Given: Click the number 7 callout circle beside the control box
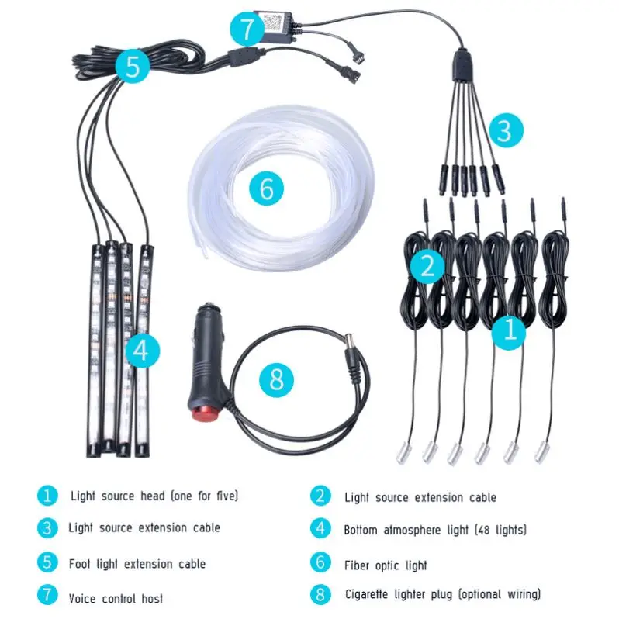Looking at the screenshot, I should click(247, 30).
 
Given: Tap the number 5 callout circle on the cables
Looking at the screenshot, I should click(133, 67).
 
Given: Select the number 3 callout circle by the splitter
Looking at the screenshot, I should click(504, 130).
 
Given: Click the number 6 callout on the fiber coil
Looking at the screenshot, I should click(266, 189).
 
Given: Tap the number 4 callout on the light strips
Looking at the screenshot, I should click(140, 351).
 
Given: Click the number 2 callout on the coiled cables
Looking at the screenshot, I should click(427, 266).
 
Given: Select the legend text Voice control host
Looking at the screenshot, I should click(116, 598).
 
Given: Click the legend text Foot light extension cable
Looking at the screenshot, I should click(137, 563).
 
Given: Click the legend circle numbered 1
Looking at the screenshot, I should click(47, 495).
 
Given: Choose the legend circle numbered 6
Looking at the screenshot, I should click(321, 563).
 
